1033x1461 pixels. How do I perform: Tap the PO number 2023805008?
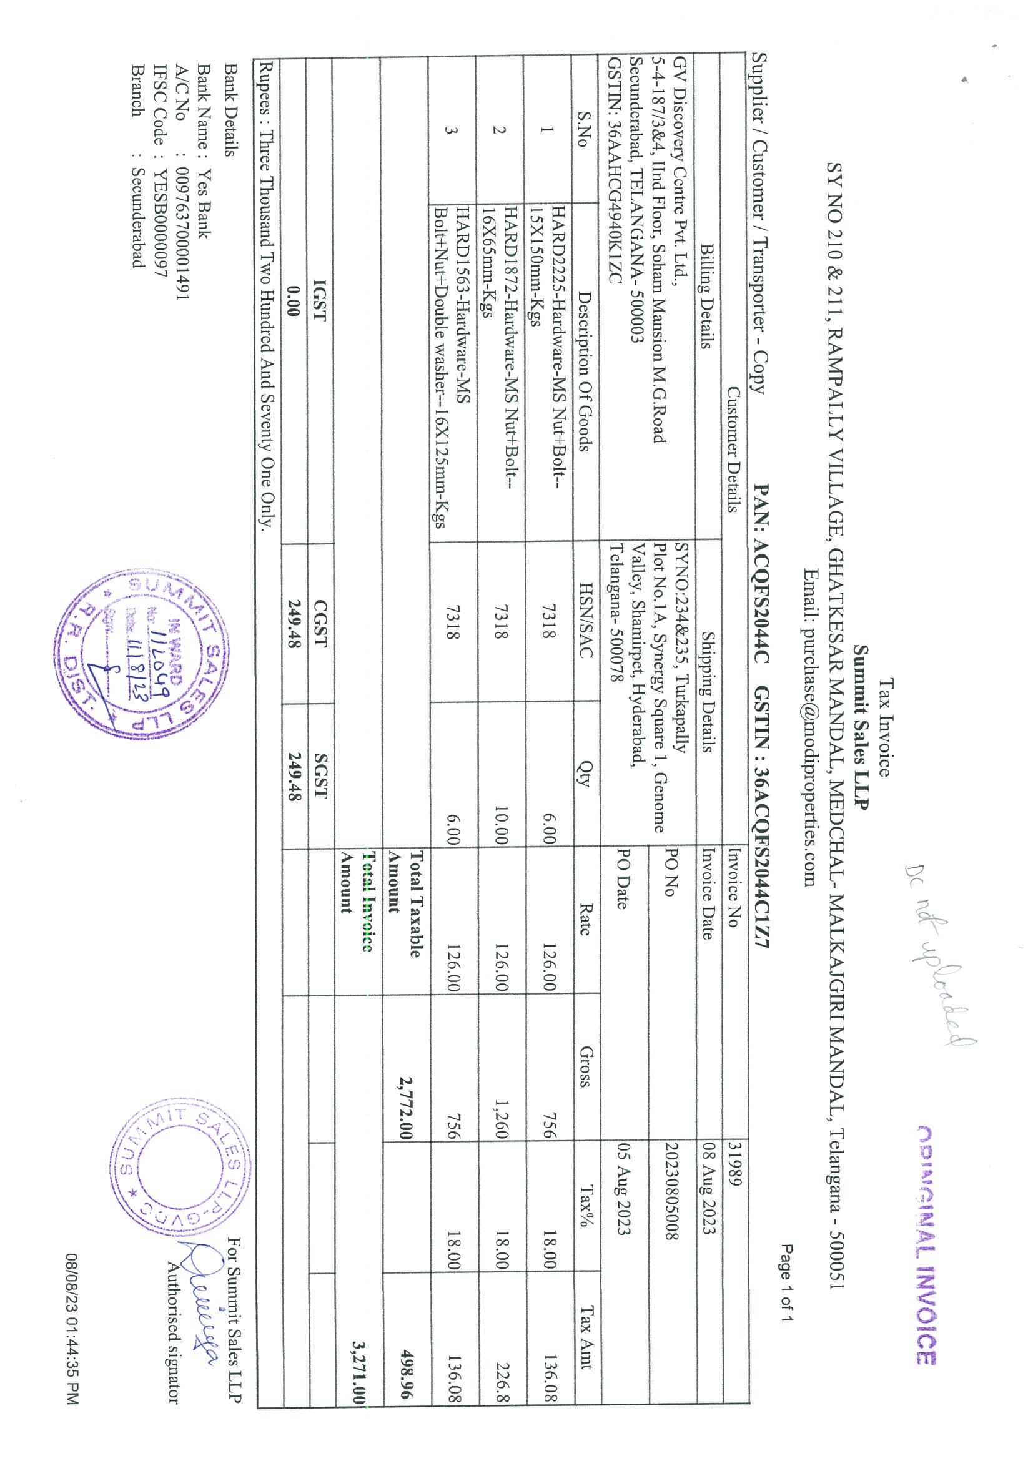(672, 1199)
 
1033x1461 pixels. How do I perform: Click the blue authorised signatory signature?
(202, 1286)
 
